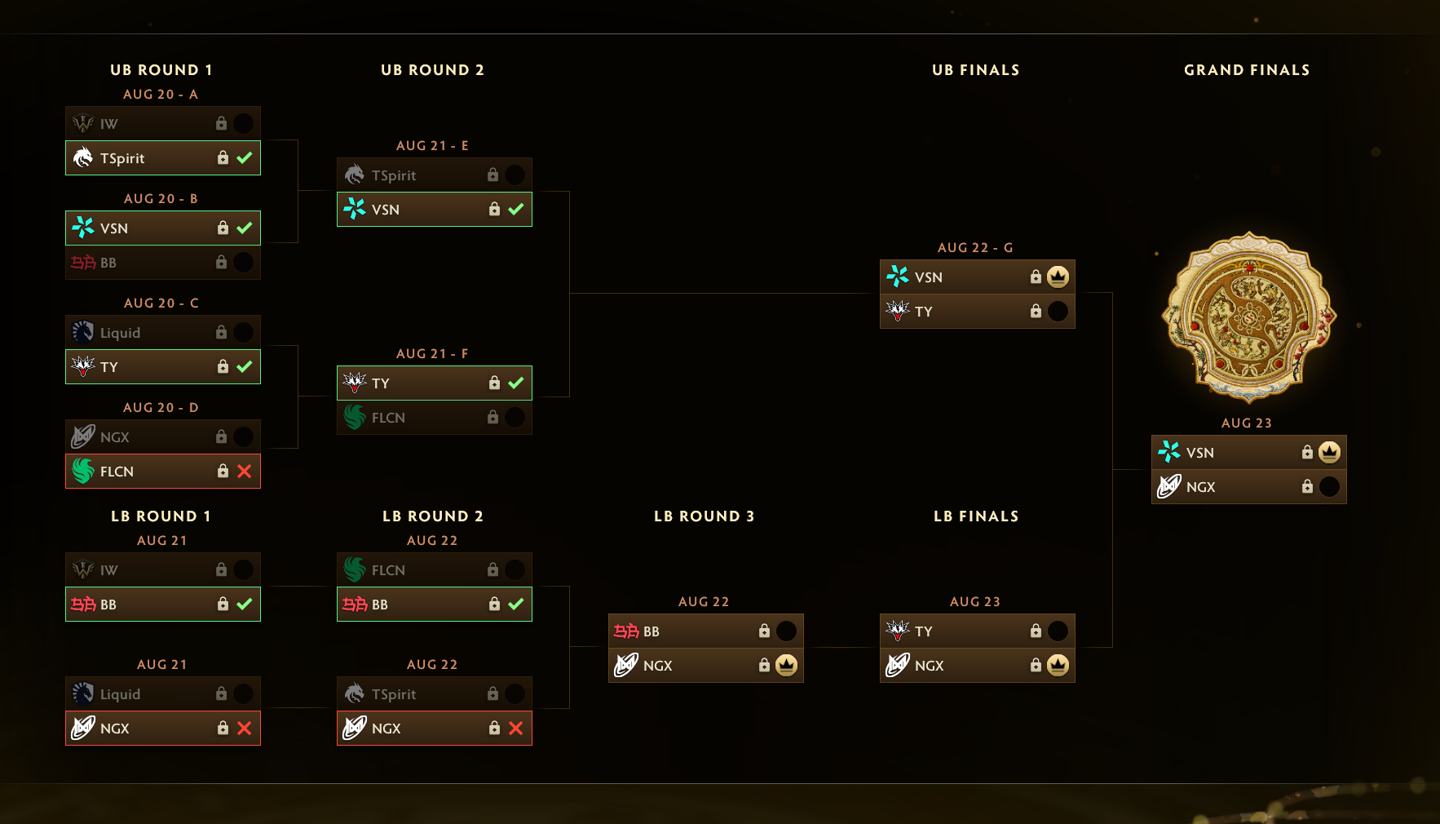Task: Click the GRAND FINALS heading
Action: tap(1247, 70)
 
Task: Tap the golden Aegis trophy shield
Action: tap(1248, 317)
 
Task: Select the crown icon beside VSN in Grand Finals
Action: tap(1329, 452)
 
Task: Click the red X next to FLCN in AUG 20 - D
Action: tap(244, 471)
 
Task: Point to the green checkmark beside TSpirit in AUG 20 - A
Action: tap(244, 157)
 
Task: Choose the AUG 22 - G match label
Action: tap(975, 247)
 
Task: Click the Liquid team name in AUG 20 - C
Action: tap(120, 333)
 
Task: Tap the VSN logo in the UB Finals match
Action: tap(898, 277)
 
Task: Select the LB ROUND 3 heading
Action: tap(704, 516)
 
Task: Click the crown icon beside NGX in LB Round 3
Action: tap(786, 665)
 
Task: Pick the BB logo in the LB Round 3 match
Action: tap(626, 631)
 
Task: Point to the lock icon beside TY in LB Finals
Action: tap(1036, 631)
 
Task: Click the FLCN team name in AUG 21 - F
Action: tap(388, 418)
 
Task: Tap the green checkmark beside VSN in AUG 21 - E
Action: tap(515, 209)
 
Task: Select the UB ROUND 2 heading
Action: tap(432, 70)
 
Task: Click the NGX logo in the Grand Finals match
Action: tap(1169, 486)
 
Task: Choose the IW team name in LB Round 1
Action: tap(108, 570)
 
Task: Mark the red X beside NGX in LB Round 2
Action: tap(515, 728)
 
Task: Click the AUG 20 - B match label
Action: tap(161, 198)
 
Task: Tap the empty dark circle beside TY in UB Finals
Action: tap(1058, 311)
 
